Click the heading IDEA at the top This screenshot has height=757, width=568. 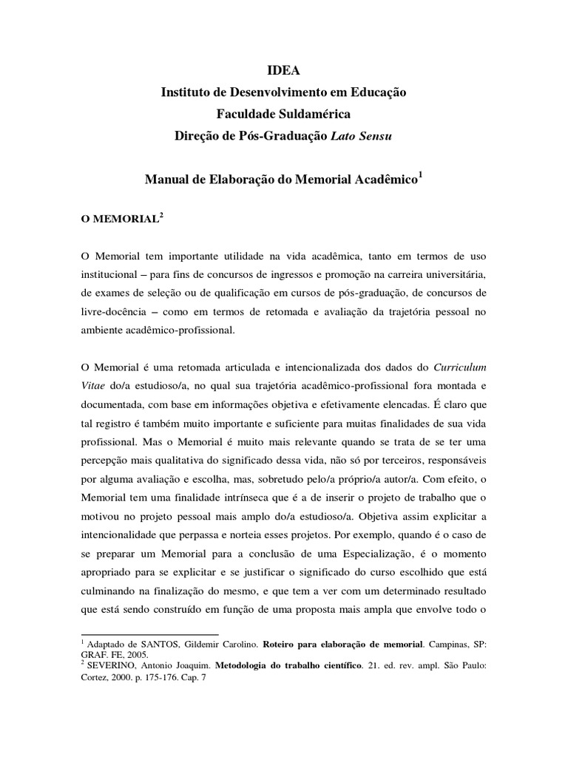[x=284, y=71]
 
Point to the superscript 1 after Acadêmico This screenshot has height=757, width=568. [x=420, y=174]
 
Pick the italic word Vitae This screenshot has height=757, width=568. [x=92, y=386]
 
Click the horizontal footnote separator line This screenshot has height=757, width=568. [x=149, y=634]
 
